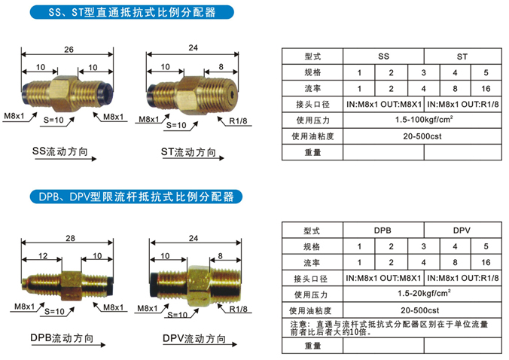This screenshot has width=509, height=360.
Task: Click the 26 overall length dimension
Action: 69,50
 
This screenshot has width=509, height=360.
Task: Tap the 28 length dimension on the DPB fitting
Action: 71,238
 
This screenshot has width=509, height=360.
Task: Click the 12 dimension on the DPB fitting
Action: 43,256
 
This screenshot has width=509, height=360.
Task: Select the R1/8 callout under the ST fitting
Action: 238,121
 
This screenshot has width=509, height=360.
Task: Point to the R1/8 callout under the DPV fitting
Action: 238,310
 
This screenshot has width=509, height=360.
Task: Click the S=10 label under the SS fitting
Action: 53,120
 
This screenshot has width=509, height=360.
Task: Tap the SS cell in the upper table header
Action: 383,56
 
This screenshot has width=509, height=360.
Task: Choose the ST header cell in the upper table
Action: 462,56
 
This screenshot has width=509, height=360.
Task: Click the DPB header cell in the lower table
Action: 383,230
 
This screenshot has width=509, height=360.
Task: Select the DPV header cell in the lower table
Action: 462,230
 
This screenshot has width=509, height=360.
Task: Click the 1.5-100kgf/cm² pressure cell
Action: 422,120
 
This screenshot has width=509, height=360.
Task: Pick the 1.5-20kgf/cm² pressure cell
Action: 422,294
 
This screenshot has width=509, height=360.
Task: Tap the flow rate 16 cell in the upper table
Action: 486,89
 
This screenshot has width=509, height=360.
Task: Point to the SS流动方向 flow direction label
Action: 60,151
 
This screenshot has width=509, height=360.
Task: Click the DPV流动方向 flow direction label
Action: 194,339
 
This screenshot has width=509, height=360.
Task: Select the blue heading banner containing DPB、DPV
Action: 136,197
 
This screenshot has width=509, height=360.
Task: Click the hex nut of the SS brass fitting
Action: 64,93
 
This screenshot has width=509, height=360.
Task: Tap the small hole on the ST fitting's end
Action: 232,95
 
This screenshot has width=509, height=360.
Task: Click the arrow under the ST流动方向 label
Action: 194,158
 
